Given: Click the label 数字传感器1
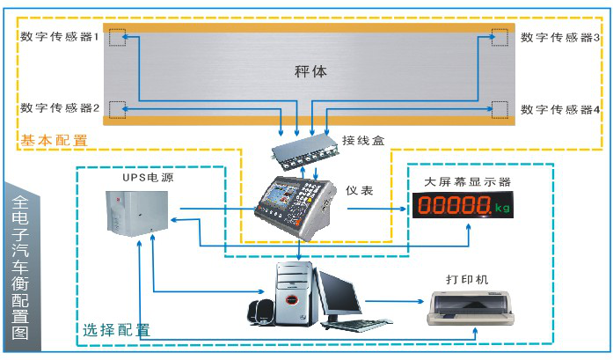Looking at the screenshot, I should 59,37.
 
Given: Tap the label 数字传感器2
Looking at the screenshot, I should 59,108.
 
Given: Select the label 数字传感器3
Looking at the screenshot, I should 560,37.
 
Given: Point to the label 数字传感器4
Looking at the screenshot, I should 560,109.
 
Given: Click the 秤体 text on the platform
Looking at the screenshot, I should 310,71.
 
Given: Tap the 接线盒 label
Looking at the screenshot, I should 363,140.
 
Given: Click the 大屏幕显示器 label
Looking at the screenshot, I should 467,181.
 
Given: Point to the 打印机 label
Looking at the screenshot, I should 467,280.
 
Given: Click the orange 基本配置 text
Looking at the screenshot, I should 54,140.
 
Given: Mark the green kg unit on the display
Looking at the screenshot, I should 502,209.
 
